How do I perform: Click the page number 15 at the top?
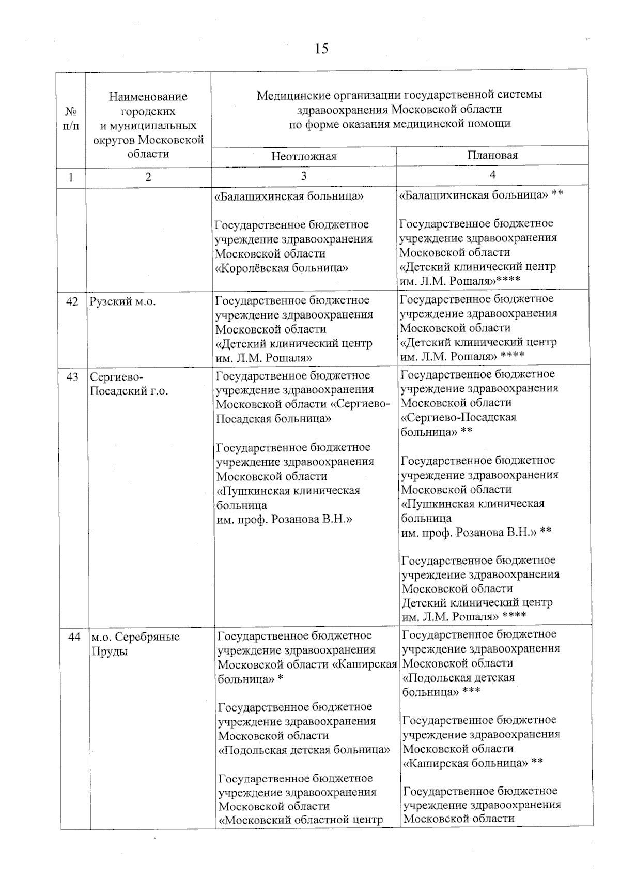coord(320,49)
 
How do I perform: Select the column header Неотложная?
coord(304,157)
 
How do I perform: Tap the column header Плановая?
coord(492,155)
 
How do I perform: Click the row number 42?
coord(72,301)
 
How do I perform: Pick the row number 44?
coord(74,637)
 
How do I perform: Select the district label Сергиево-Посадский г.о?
coord(129,384)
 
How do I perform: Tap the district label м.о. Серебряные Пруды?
coord(135,644)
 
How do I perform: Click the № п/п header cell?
coord(71,118)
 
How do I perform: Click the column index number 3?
coord(304,176)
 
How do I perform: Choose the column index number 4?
coord(492,175)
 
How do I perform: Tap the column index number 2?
coord(148,177)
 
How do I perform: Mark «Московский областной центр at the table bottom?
coord(301,819)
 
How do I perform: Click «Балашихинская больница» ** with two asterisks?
coord(481,195)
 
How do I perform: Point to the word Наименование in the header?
coord(148,97)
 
